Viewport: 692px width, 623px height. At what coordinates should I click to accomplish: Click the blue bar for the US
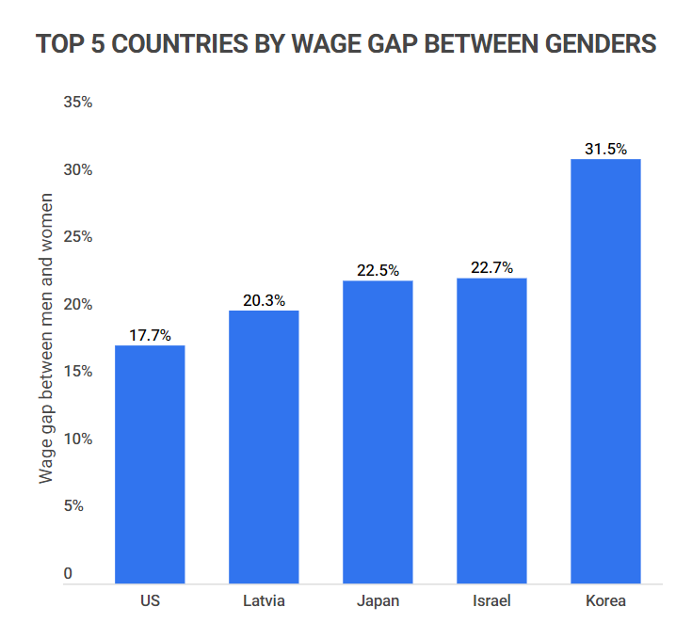[150, 464]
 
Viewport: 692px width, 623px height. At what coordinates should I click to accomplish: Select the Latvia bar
[264, 447]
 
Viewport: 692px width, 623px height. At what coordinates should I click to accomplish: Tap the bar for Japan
[378, 432]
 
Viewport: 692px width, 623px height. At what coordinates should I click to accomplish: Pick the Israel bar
[491, 431]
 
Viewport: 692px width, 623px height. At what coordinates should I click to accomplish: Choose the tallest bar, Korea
[605, 371]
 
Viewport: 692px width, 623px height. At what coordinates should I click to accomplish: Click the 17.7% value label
[150, 334]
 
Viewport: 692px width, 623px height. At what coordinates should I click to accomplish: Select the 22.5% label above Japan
[378, 270]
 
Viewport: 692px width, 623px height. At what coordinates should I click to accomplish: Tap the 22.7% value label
[491, 267]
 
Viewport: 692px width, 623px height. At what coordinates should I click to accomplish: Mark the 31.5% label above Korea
[605, 148]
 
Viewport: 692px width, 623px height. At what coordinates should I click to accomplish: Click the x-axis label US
[150, 600]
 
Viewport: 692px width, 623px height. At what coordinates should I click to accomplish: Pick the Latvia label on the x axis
[264, 600]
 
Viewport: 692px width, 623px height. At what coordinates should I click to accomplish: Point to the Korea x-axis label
[605, 600]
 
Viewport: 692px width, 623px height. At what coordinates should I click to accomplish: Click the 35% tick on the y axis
[77, 103]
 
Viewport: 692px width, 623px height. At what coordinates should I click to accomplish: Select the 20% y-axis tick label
[77, 305]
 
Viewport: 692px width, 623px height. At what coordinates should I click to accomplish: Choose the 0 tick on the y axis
[68, 573]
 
